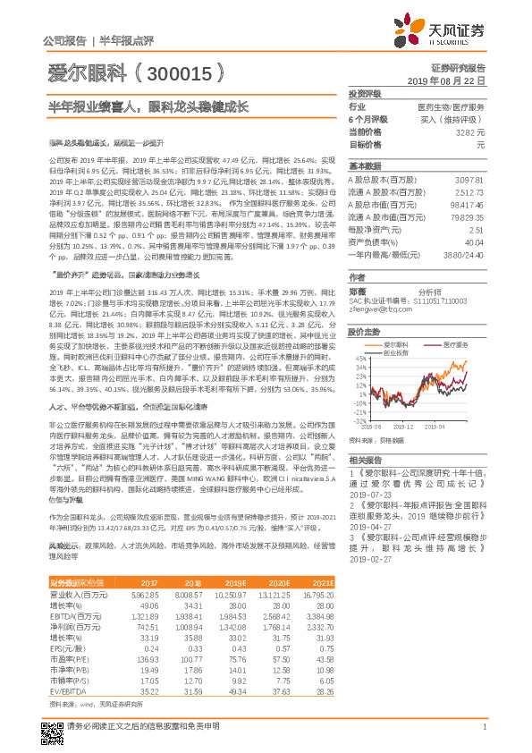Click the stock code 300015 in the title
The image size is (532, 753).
(x=175, y=72)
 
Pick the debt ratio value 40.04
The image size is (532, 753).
(x=474, y=242)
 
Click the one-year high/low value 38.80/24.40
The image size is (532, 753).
(x=464, y=255)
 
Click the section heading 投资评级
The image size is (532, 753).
(x=365, y=93)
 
